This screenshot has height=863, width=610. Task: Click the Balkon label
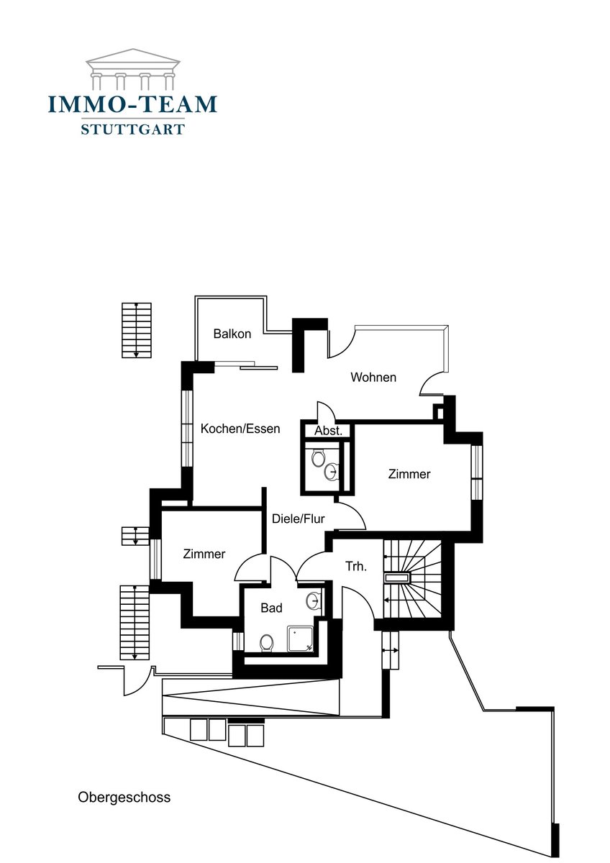pos(232,334)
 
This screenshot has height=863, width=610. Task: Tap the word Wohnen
pos(373,377)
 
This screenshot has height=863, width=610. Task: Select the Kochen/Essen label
pos(240,429)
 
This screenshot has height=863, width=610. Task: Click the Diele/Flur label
pos(298,519)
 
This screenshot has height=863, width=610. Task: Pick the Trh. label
pos(356,567)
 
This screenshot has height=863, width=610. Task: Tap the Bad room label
pos(271,608)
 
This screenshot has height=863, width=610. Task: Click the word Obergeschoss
pos(124,797)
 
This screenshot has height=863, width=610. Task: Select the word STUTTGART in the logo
pos(132,130)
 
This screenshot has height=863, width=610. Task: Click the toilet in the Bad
pos(266,642)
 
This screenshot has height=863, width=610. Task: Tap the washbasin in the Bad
pos(314,601)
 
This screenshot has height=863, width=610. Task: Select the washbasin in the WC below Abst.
pos(332,472)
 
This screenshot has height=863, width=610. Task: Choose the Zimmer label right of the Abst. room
pos(409,474)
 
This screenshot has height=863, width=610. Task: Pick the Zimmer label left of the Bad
pos(204,554)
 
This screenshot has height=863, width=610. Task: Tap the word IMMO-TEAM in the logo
pos(132,104)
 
